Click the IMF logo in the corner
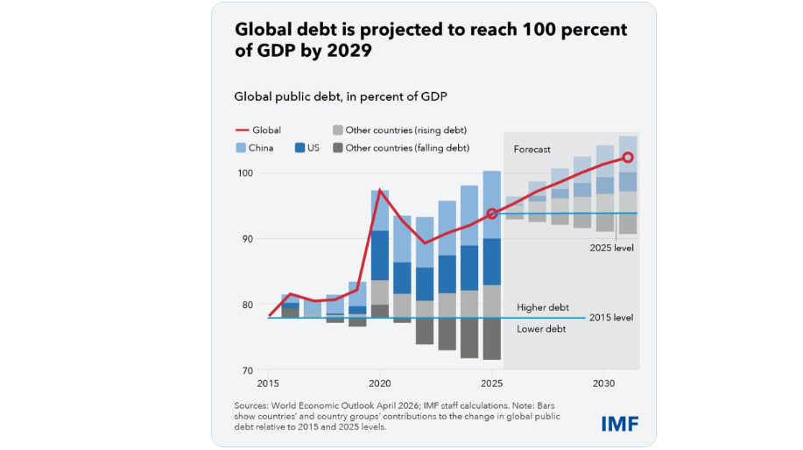[x=620, y=423]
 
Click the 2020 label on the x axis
[x=380, y=384]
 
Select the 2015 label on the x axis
[x=268, y=384]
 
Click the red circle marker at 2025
[x=492, y=214]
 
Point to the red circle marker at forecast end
[x=628, y=158]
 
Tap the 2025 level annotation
[x=612, y=248]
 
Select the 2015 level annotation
[x=612, y=317]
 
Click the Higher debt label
[x=543, y=307]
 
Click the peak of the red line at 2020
[x=379, y=191]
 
